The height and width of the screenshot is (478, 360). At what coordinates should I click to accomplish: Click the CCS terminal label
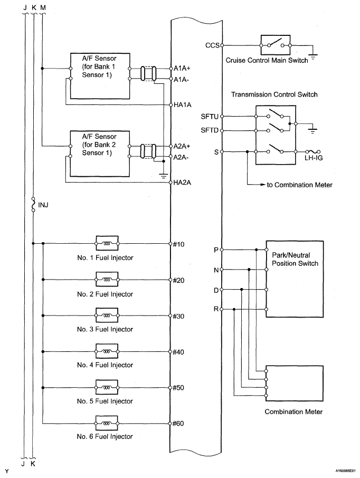212,45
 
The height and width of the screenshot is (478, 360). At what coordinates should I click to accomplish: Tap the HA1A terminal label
183,105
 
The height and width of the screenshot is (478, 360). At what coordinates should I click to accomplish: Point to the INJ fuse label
43,205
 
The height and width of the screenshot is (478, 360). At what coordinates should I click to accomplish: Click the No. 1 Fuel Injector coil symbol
107,244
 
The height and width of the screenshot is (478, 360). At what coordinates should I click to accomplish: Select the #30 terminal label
178,317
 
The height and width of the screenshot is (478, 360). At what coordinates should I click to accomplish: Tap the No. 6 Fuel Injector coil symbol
107,424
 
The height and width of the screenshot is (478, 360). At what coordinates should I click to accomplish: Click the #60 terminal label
178,424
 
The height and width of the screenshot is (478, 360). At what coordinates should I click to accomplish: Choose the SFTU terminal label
210,117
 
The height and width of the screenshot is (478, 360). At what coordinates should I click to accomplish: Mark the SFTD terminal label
210,130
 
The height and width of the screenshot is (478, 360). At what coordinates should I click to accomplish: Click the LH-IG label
314,158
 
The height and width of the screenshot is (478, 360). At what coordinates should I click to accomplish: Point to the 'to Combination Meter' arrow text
299,185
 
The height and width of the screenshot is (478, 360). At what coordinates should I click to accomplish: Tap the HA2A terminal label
182,183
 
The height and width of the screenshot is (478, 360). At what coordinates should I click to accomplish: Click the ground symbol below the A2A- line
164,175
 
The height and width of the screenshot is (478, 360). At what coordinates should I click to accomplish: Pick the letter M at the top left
43,7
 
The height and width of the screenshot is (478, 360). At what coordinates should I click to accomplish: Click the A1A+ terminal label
182,68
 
